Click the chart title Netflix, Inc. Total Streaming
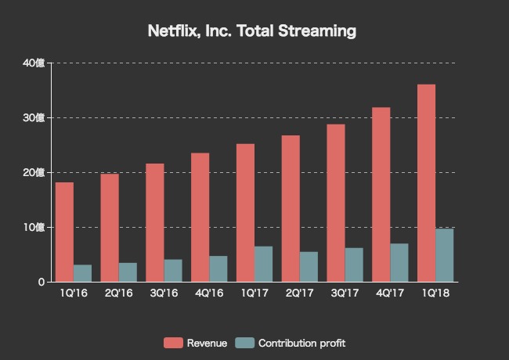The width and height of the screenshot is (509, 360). (252, 32)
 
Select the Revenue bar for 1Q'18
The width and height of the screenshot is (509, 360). (426, 183)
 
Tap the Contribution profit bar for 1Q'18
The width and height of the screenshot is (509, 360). (445, 255)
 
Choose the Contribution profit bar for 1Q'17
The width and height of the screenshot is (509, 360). (263, 264)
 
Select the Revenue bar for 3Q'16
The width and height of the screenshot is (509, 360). (154, 222)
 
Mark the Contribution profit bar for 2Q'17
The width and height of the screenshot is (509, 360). (309, 267)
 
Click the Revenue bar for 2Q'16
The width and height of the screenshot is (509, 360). (110, 228)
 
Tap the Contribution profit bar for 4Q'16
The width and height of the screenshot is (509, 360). (218, 268)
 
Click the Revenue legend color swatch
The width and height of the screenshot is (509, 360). (173, 344)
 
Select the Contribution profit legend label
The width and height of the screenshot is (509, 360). (301, 344)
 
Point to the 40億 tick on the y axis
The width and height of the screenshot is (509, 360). (34, 63)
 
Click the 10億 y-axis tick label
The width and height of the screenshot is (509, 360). (34, 228)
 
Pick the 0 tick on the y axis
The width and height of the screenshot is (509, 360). (40, 283)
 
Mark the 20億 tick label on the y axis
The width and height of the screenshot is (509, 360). (34, 173)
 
